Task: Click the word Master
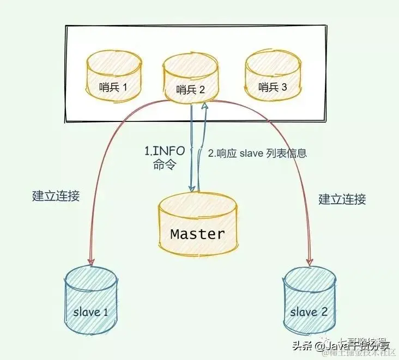coord(197,234)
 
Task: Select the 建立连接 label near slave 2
coord(342,199)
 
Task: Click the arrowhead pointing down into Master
coord(192,187)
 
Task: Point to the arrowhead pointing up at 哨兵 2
coord(204,108)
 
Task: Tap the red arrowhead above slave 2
coord(311,257)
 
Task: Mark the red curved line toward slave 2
coord(297,163)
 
